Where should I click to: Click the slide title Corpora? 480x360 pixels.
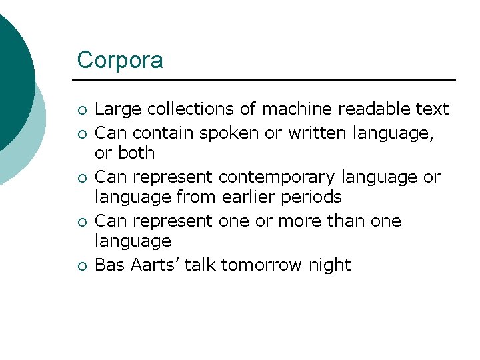click(120, 60)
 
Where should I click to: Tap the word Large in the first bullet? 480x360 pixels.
click(118, 109)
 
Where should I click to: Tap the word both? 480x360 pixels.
click(136, 153)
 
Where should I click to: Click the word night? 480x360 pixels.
click(329, 265)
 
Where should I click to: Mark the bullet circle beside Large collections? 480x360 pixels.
click(81, 110)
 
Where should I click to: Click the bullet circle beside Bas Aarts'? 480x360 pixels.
click(81, 266)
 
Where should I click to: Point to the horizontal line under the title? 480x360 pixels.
click(267, 80)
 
